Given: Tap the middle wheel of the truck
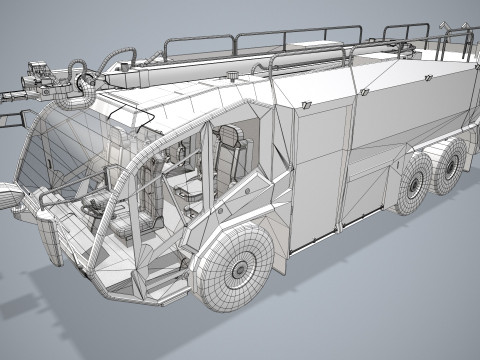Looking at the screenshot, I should pyautogui.click(x=412, y=183).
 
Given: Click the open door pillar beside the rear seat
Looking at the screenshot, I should pyautogui.click(x=204, y=170).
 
